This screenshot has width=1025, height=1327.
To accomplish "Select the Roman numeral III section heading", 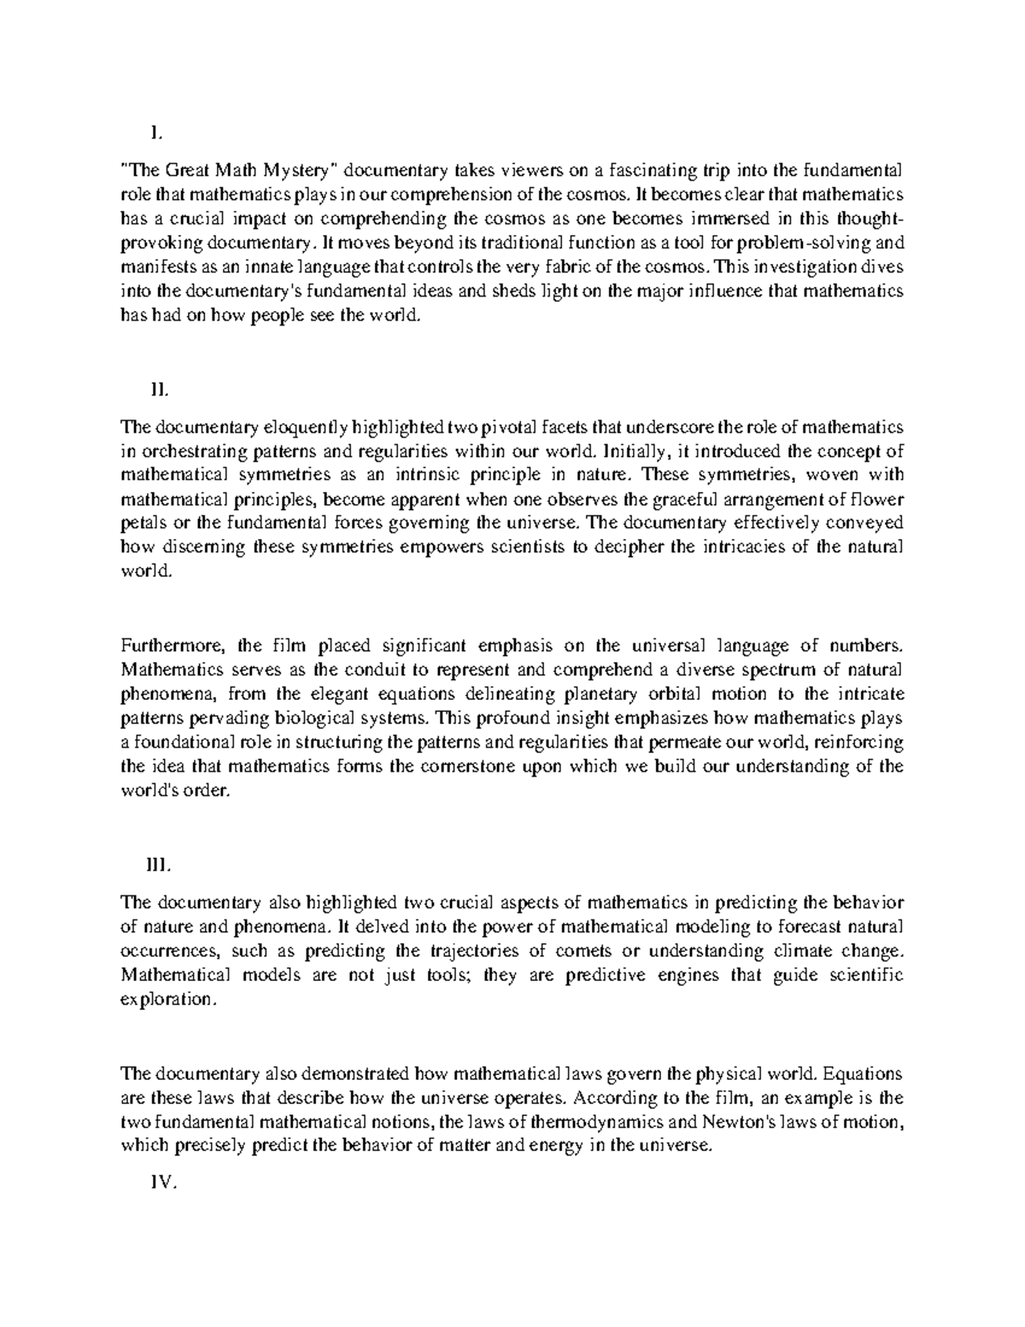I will click(160, 865).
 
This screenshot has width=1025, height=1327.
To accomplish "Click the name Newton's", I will click(740, 1122).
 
